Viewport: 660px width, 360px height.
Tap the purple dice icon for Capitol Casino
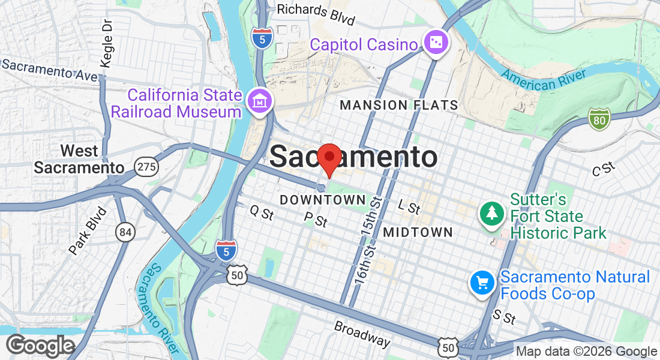[434, 43]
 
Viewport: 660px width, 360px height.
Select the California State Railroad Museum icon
[260, 102]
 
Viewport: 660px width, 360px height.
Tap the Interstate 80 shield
[599, 119]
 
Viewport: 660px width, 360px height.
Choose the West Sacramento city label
[79, 159]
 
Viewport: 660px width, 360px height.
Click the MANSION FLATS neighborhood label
[399, 106]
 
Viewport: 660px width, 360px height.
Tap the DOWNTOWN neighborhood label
[322, 199]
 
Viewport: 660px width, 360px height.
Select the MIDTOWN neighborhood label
[418, 232]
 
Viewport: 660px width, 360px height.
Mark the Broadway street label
[362, 334]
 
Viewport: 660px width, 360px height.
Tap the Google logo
[40, 346]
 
